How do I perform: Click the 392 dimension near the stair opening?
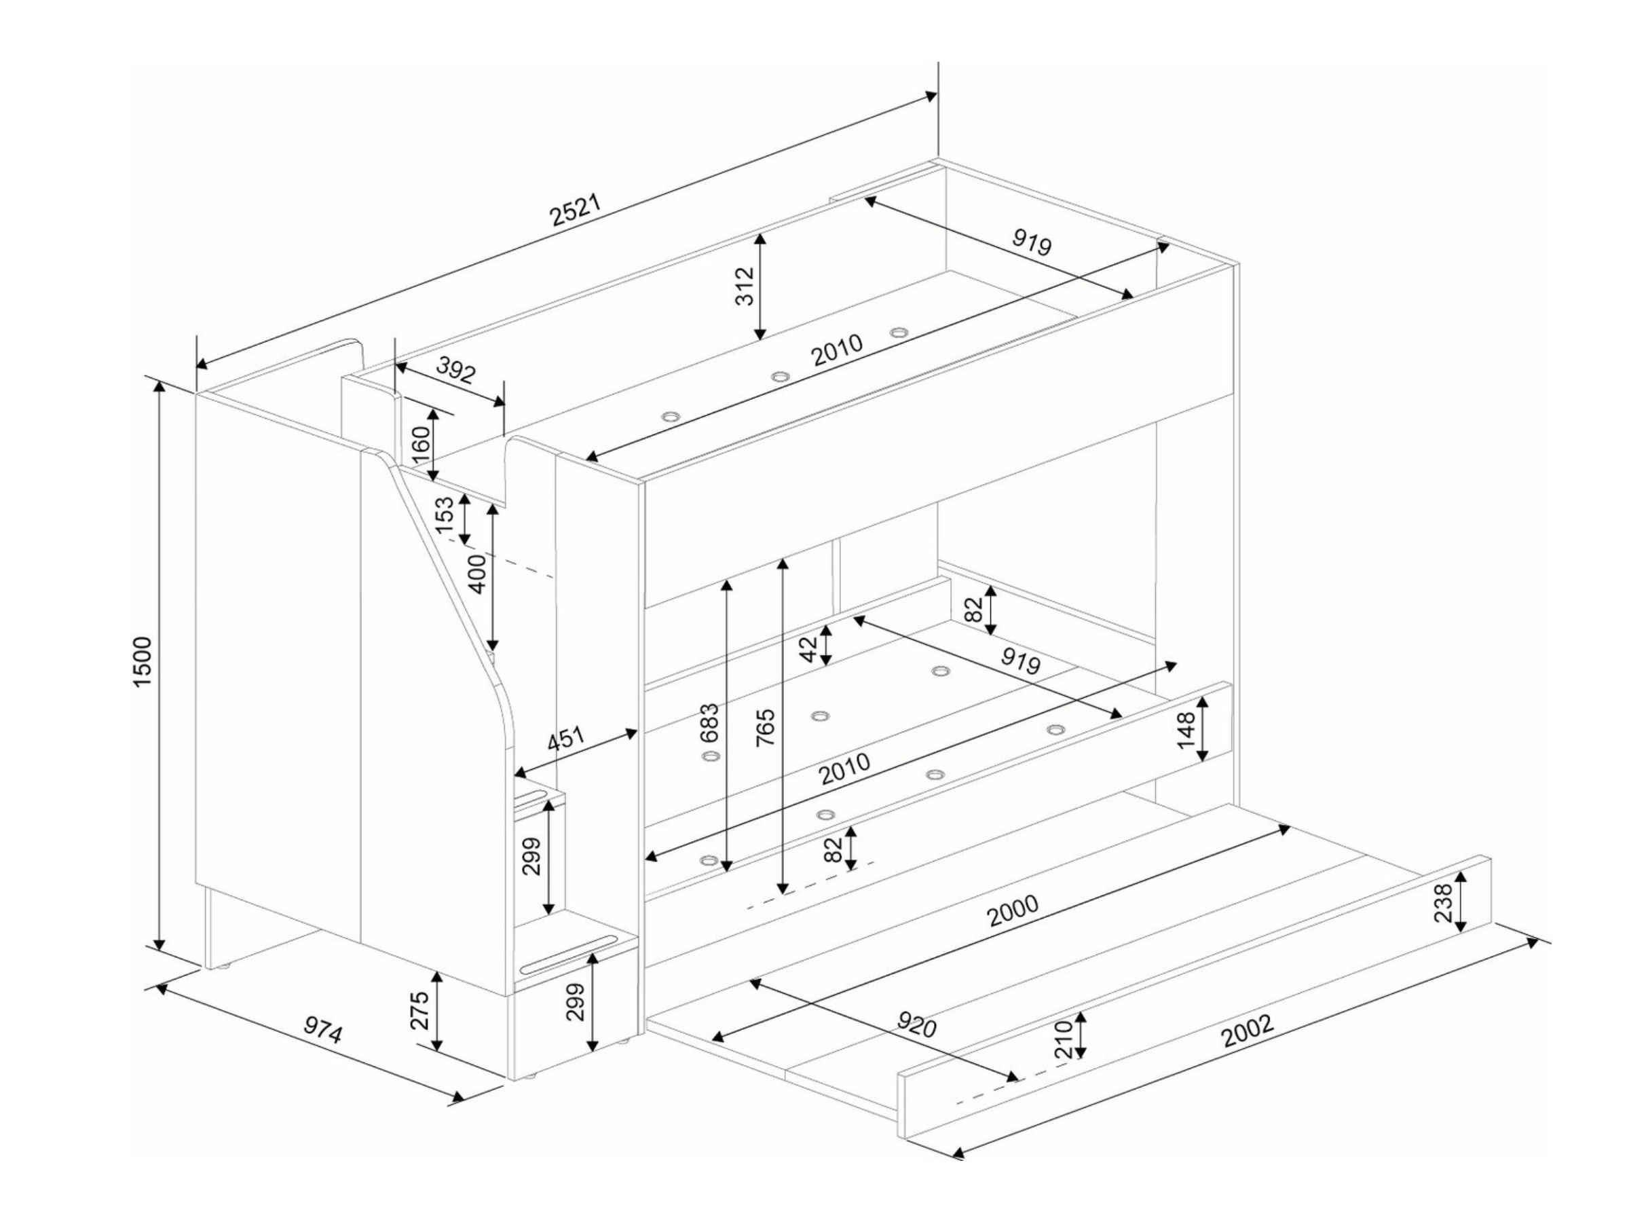[x=456, y=371]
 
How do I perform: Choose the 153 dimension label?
[x=444, y=515]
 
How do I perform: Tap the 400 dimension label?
[x=478, y=574]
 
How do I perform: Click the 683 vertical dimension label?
[x=709, y=723]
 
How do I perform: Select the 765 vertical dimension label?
[x=766, y=726]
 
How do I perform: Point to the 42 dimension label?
[x=809, y=649]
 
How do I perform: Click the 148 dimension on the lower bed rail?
[x=1186, y=730]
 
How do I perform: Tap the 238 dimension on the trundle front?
[x=1444, y=903]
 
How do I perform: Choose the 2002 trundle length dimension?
[x=1248, y=1031]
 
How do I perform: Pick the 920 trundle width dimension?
[x=917, y=1024]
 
